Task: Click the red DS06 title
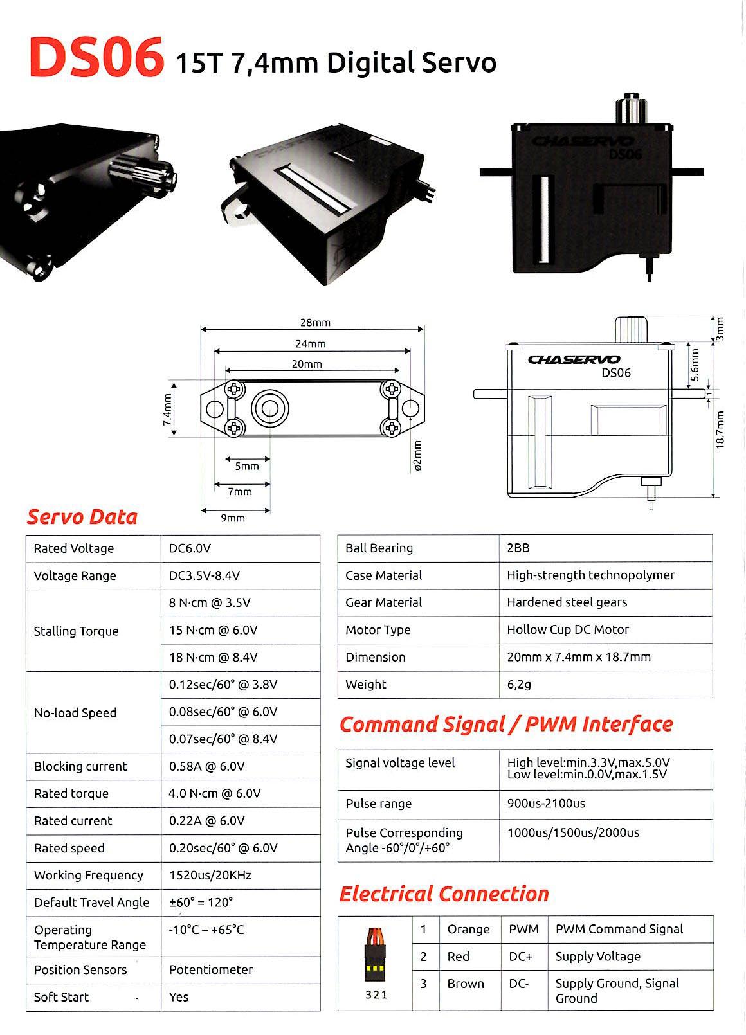pos(95,59)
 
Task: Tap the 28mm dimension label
pos(315,323)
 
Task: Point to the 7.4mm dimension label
pos(168,410)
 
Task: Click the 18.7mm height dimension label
pos(720,430)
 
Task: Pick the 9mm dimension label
pos(233,518)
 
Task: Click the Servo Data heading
pos(82,517)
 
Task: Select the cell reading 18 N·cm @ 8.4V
pos(214,658)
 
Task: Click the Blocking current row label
pos(80,766)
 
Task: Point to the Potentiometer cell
pos(211,969)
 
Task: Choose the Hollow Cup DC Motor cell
pos(568,630)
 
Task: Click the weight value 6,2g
pos(520,685)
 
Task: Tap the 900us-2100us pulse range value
pos(546,804)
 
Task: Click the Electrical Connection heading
pos(444,894)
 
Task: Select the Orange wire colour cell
pos(468,930)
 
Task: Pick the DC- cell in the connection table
pos(520,984)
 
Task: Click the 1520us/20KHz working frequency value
pos(210,876)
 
